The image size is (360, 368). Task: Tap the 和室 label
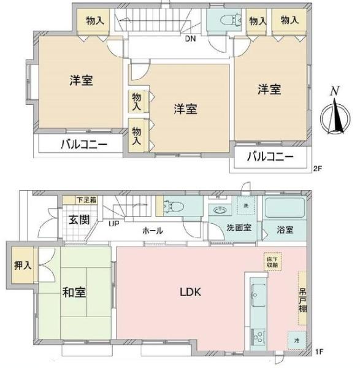(74, 292)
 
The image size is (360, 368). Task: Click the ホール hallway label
(152, 231)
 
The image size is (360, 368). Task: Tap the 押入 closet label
(22, 267)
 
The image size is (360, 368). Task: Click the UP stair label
(114, 223)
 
